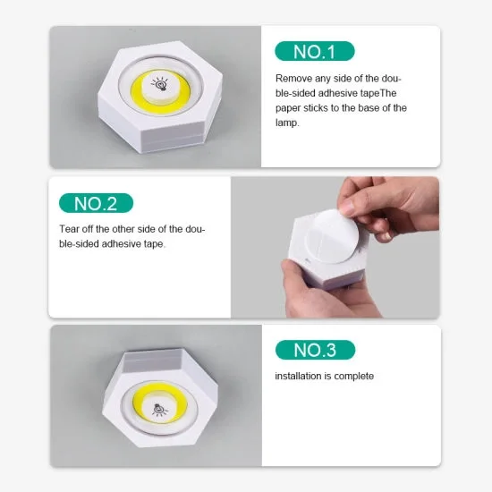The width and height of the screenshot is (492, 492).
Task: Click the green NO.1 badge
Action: coord(315,51)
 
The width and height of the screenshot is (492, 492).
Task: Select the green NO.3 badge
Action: coord(315,350)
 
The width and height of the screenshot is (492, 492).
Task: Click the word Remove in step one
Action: coord(294,79)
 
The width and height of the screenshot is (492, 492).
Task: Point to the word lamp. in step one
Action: coord(289,123)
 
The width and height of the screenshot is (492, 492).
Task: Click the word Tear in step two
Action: coord(70,229)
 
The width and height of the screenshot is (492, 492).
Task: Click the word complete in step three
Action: coord(355,376)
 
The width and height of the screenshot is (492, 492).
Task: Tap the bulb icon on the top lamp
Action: coord(163,87)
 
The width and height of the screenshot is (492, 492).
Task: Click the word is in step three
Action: coord(331,376)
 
